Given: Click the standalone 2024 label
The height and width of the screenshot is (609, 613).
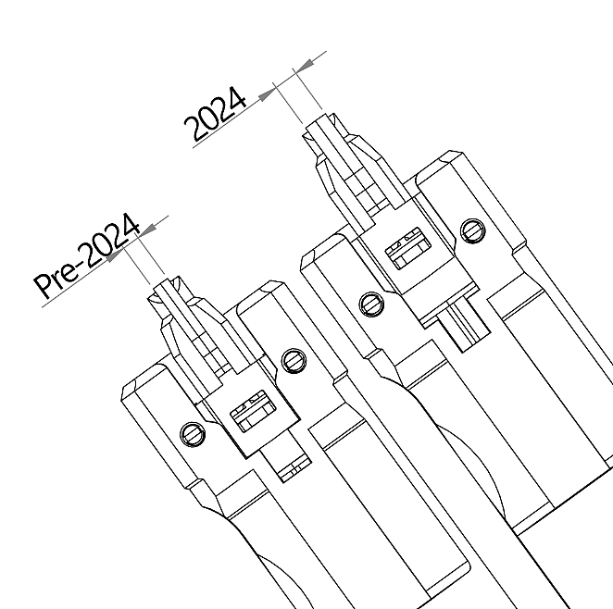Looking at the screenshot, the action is pyautogui.click(x=215, y=113).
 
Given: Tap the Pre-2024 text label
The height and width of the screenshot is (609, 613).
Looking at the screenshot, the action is pyautogui.click(x=87, y=255).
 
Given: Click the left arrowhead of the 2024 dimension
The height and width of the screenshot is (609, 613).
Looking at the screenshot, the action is pyautogui.click(x=269, y=93).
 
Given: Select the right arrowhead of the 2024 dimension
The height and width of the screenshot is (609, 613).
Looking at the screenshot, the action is pyautogui.click(x=304, y=65).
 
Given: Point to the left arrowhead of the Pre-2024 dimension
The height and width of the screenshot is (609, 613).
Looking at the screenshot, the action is pyautogui.click(x=116, y=255).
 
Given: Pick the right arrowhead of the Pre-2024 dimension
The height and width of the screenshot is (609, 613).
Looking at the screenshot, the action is pyautogui.click(x=148, y=230).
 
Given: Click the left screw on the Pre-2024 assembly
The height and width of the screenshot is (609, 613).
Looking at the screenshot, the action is pyautogui.click(x=193, y=434).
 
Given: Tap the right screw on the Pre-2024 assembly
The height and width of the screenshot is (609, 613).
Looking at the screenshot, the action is pyautogui.click(x=294, y=361).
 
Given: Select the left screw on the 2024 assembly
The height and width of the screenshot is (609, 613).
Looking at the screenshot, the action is pyautogui.click(x=371, y=304).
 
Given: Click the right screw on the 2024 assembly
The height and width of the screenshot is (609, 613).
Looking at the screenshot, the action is pyautogui.click(x=473, y=230).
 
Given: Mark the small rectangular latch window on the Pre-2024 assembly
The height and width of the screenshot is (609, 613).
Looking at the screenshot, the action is pyautogui.click(x=254, y=411).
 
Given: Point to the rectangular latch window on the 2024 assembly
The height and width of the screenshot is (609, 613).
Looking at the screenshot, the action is pyautogui.click(x=408, y=248).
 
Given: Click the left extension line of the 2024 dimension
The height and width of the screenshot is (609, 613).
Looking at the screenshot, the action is pyautogui.click(x=288, y=103).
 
